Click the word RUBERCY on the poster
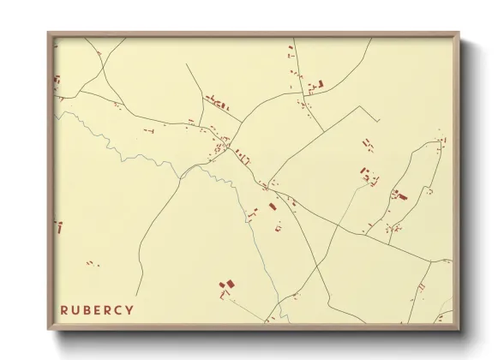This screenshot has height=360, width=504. pyautogui.click(x=97, y=309)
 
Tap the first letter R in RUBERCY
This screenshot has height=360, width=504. pyautogui.click(x=65, y=309)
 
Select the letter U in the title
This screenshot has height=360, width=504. pyautogui.click(x=76, y=309)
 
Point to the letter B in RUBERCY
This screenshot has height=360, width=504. pyautogui.click(x=87, y=309)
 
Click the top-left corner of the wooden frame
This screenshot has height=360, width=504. pyautogui.click(x=49, y=33)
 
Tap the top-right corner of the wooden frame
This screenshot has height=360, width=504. pyautogui.click(x=460, y=33)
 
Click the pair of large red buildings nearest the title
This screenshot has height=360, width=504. pyautogui.click(x=227, y=285)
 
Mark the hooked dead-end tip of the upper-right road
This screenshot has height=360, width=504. pyautogui.click(x=378, y=112)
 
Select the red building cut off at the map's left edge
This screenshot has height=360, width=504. pyautogui.click(x=59, y=227)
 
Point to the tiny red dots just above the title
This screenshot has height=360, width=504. pyautogui.click(x=88, y=262)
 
